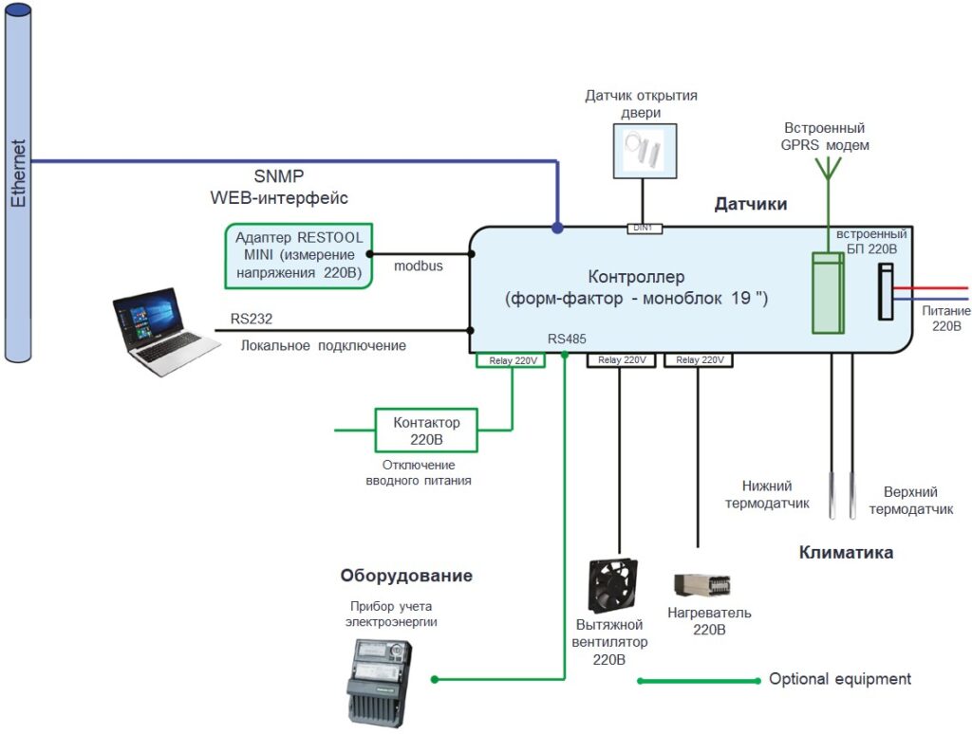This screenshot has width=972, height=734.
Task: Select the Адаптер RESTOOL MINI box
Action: pos(296,254)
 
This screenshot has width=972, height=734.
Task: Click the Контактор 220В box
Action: pos(426,431)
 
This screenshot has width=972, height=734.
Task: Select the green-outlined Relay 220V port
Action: pos(512,360)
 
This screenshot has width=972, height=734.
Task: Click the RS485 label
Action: pos(567,338)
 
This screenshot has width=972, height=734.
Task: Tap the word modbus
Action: pos(418,266)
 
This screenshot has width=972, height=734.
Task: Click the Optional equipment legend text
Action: pos(839,679)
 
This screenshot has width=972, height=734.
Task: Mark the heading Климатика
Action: pos(846,553)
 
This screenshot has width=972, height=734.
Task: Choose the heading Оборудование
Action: pos(406,576)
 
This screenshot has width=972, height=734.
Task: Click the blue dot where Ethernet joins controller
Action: pos(557,228)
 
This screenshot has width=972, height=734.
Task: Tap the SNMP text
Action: pos(279,176)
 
